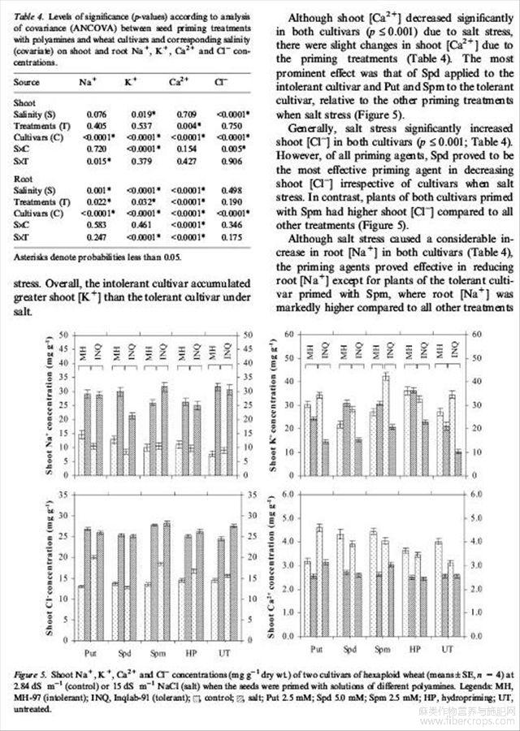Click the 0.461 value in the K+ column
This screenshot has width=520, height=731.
coord(134,219)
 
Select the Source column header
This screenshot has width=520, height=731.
coord(27,82)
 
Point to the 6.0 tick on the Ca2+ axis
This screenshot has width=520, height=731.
coord(286,494)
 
